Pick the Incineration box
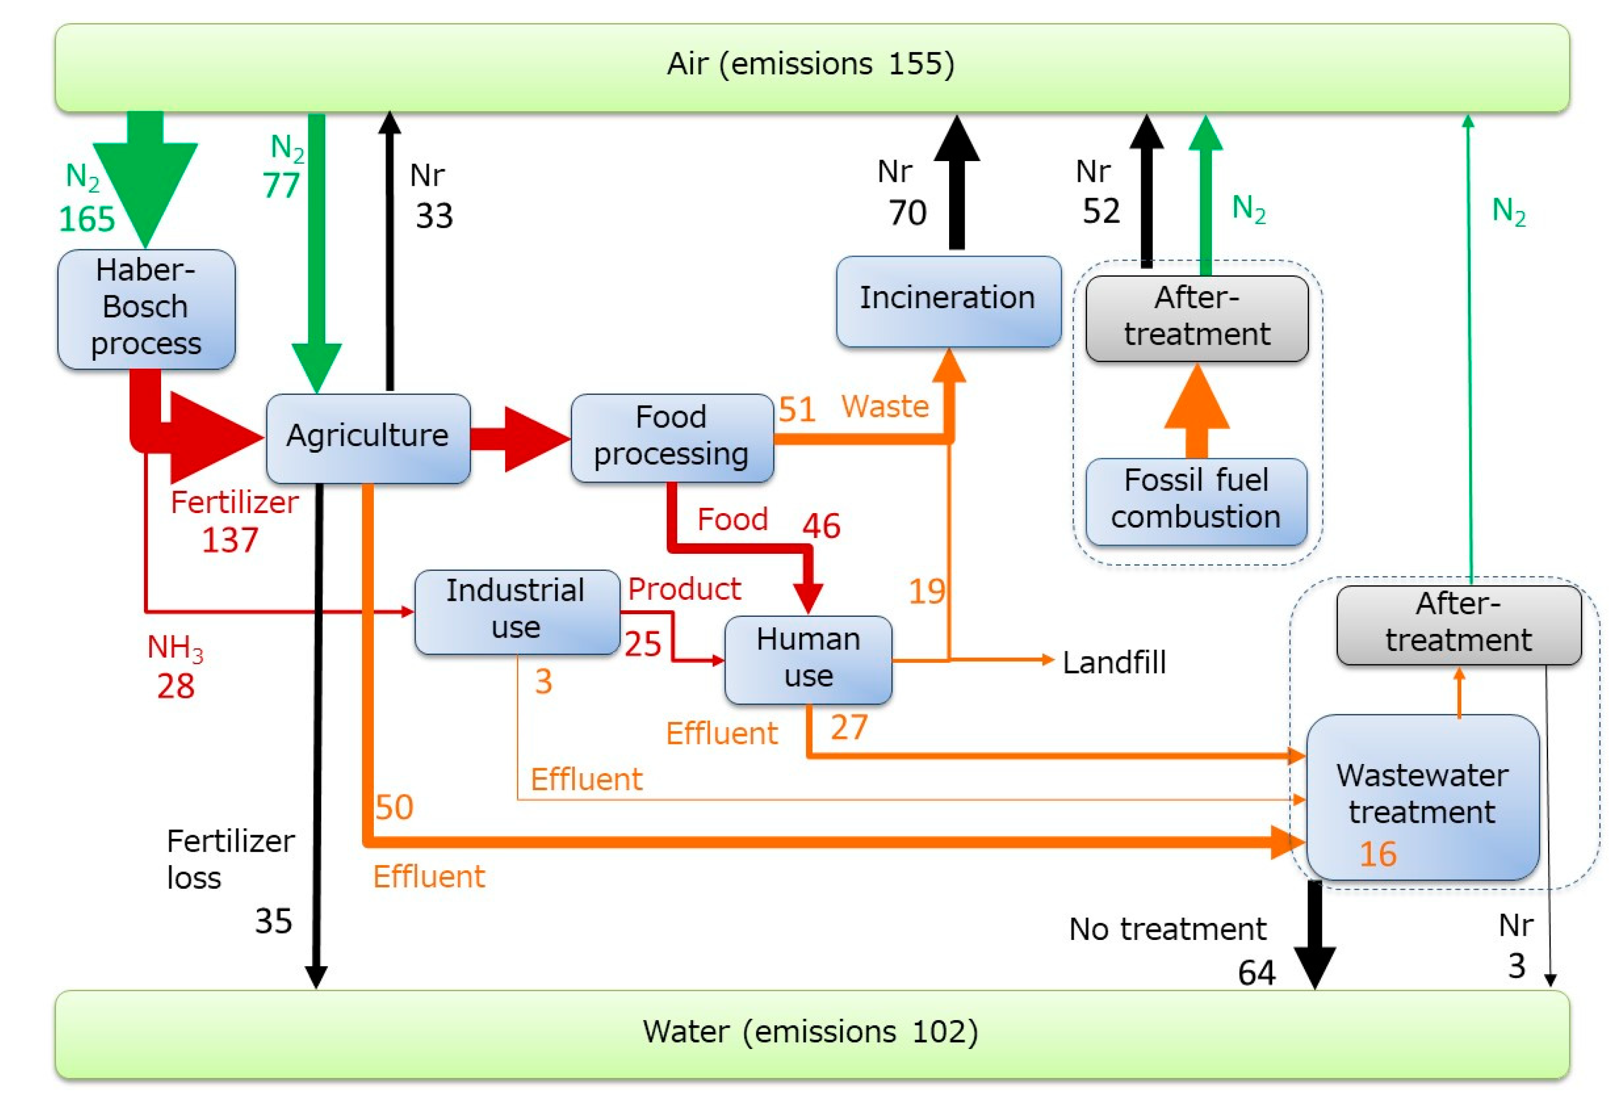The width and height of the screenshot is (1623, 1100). point(948,300)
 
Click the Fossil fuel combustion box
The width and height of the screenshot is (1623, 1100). point(1195,500)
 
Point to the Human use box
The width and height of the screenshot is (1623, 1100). point(808,658)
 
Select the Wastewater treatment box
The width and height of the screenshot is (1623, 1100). point(1422,795)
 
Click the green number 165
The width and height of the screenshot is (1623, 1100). point(87,219)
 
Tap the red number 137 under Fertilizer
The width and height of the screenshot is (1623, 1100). point(230,539)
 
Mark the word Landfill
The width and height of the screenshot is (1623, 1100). point(1114,662)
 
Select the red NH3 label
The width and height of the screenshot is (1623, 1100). point(175,648)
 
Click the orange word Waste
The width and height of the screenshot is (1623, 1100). point(885,406)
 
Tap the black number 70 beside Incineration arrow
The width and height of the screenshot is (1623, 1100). point(907,212)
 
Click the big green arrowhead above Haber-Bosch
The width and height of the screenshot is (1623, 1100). point(145,188)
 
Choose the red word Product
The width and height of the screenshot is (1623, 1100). point(684,589)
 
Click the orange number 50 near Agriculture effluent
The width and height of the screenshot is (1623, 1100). point(395,807)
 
